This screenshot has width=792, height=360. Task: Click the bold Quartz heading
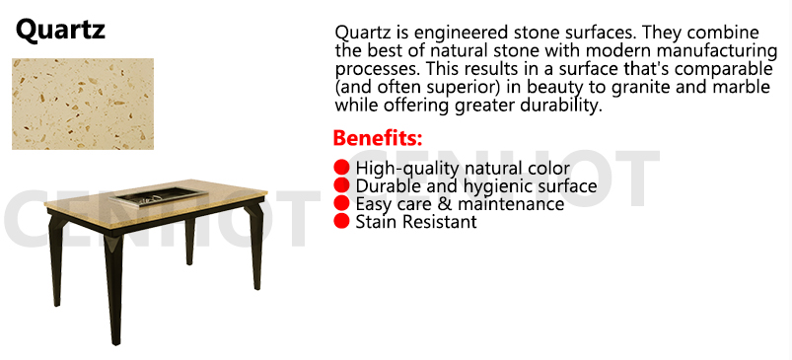(60, 30)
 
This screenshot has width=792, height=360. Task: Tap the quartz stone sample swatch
(83, 104)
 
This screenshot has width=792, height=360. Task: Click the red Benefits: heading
(378, 138)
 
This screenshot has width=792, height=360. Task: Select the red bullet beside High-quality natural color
(341, 167)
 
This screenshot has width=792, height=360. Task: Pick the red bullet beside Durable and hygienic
(341, 185)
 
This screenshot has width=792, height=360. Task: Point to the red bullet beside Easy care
(341, 203)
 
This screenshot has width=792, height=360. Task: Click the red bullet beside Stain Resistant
(341, 221)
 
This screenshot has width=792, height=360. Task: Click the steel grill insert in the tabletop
(151, 196)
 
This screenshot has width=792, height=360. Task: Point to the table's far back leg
(190, 240)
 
